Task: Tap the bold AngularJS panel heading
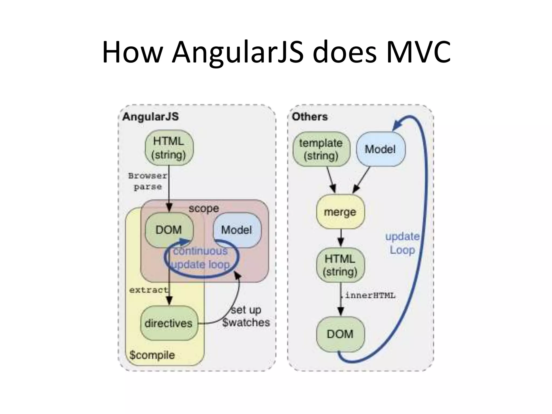click(x=150, y=117)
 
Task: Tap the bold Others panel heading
click(x=310, y=117)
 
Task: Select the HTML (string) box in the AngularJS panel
click(x=169, y=148)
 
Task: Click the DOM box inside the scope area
click(x=169, y=230)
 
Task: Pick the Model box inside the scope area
click(x=237, y=230)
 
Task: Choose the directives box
click(x=169, y=323)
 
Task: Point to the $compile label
click(x=152, y=355)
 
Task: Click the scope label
click(x=204, y=208)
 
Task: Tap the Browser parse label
click(x=148, y=181)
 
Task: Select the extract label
click(x=149, y=290)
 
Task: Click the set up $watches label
click(x=246, y=316)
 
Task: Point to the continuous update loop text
click(x=201, y=258)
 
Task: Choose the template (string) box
click(x=321, y=149)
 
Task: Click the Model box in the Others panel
click(x=380, y=149)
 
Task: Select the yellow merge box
click(x=340, y=212)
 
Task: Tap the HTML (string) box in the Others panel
click(x=340, y=265)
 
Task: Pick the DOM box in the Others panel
click(x=340, y=334)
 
